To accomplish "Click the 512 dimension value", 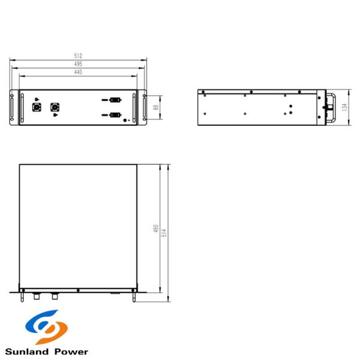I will (79, 55).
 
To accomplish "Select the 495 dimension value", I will (79, 64).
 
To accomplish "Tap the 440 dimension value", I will (79, 72).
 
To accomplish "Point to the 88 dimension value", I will (155, 107).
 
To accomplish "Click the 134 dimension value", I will (344, 107).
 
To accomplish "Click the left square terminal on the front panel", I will (35, 108).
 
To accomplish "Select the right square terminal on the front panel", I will (56, 108).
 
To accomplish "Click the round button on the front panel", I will (126, 120).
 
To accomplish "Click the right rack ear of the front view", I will (143, 107).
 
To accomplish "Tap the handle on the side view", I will (330, 107).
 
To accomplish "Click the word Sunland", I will (28, 352).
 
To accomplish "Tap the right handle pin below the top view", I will (133, 296).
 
